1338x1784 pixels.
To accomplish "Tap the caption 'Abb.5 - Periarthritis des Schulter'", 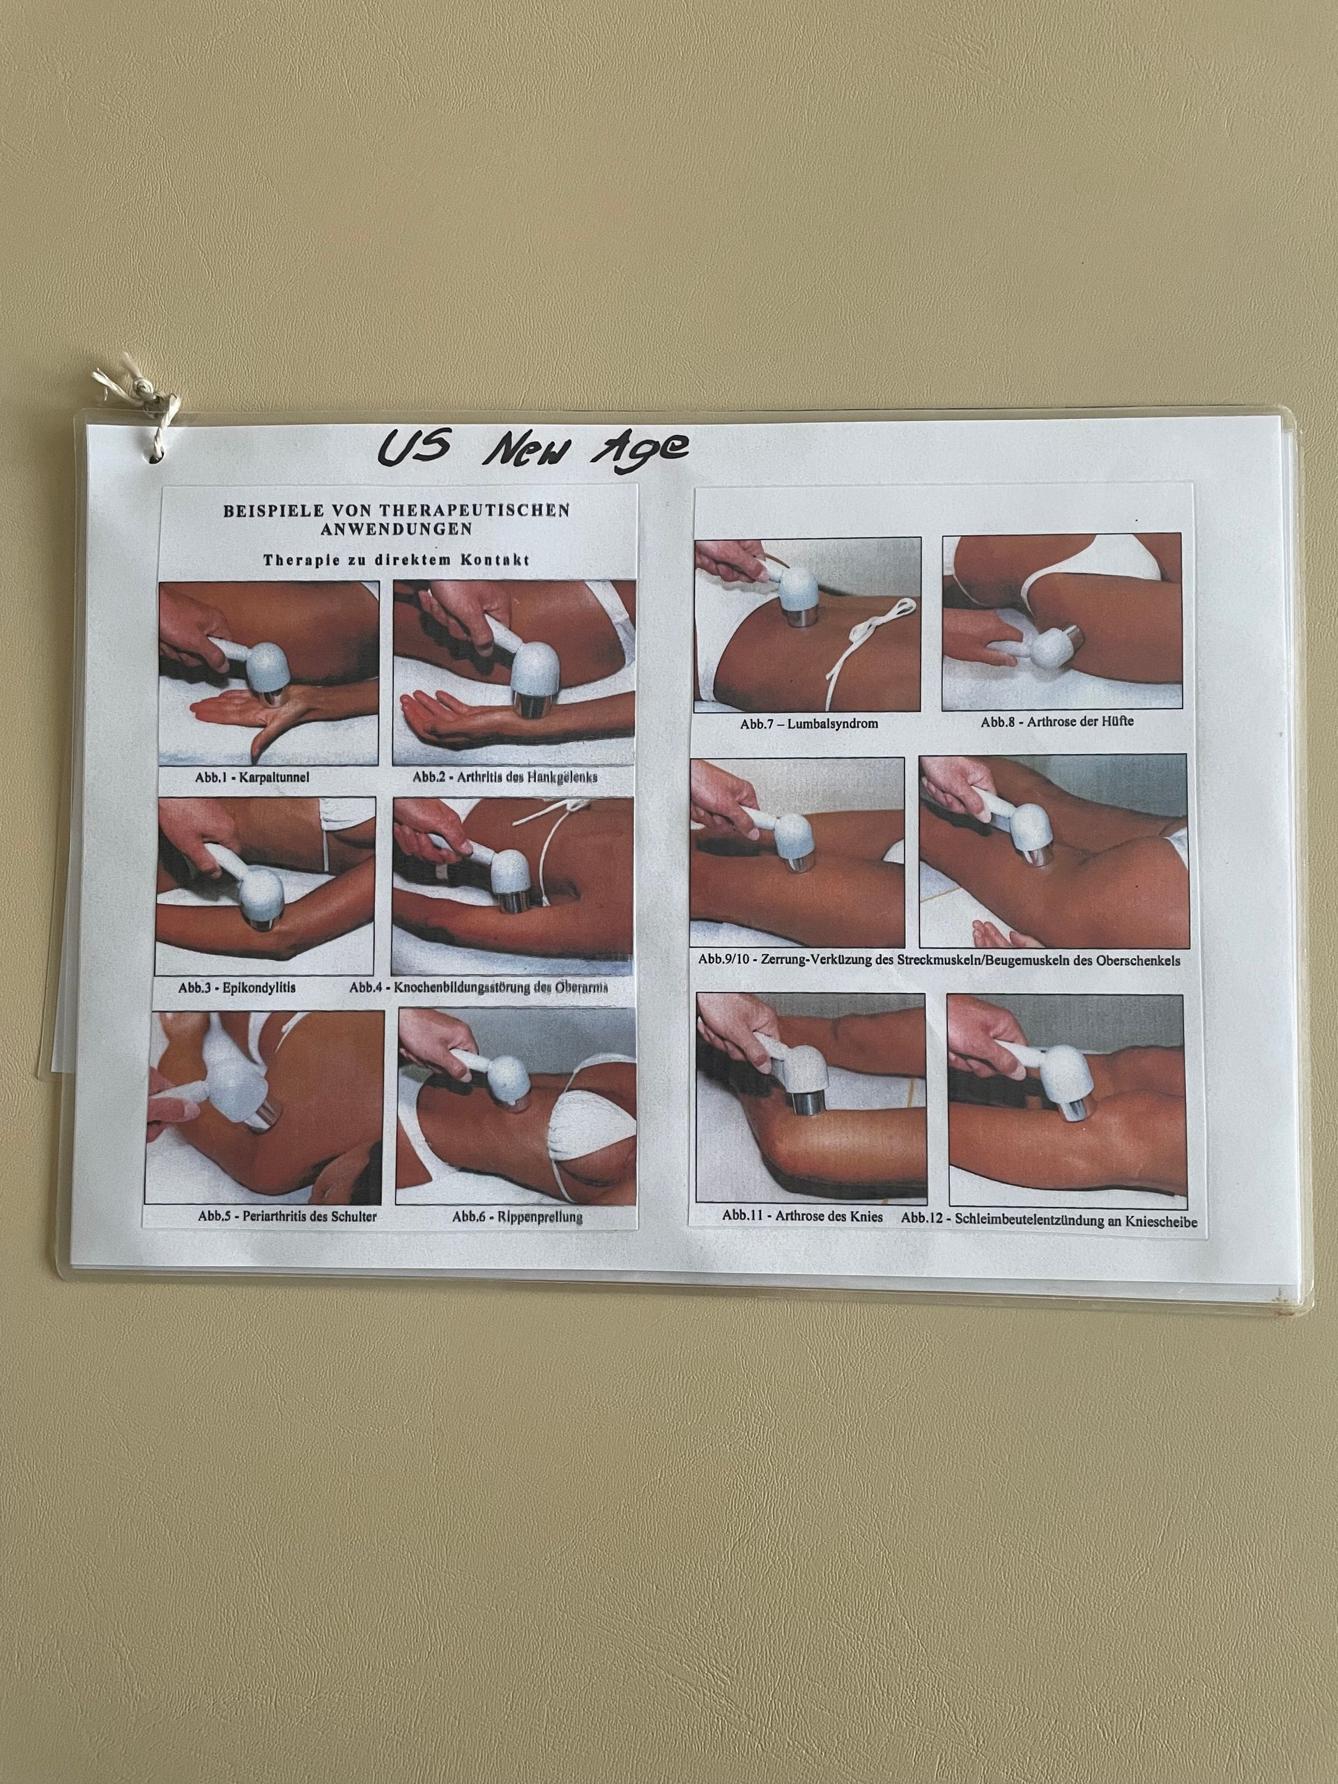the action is tap(288, 1216).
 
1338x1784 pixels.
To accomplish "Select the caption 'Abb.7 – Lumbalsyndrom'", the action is tap(809, 723).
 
